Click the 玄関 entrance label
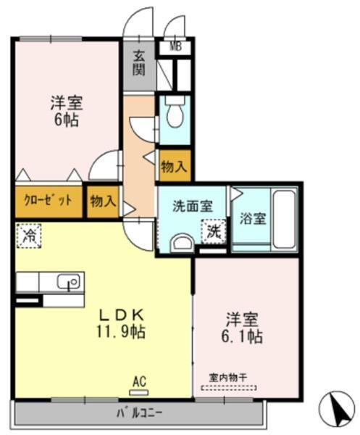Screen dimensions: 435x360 point(140,64)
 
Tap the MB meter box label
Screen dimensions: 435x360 point(175,48)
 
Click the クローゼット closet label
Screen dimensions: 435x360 point(48,202)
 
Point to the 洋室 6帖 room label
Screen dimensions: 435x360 point(65,109)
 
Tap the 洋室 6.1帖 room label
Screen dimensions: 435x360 point(243,327)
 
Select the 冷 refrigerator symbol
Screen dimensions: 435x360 point(29,235)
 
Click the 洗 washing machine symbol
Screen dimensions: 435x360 point(214,231)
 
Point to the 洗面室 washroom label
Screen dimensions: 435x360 point(192,205)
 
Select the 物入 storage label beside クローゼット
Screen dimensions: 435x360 point(102,202)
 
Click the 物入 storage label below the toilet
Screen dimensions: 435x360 point(174,167)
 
